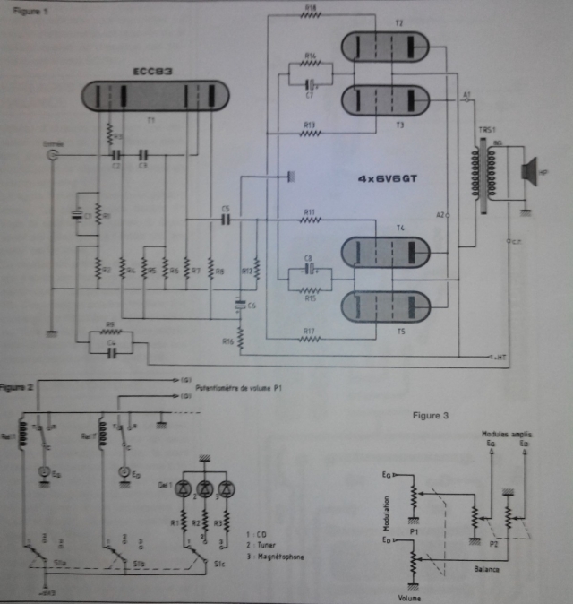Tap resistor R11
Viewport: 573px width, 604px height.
tap(310, 220)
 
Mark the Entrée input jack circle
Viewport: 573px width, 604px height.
tap(53, 154)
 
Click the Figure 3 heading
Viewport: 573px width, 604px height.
tap(432, 415)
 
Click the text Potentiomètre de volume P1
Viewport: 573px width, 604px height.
tap(235, 388)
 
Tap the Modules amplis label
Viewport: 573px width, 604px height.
tap(503, 432)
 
